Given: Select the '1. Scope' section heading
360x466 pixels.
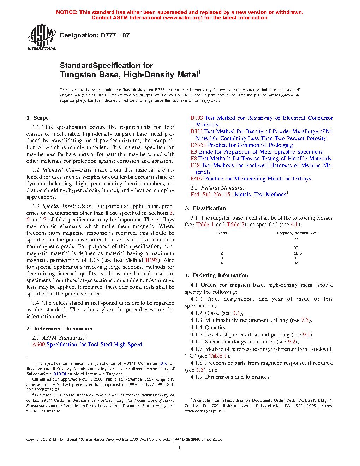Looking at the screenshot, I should click(37, 118).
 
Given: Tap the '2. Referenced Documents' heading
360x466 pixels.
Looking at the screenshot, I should click(59, 329).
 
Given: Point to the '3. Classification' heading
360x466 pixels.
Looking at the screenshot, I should click(205, 208).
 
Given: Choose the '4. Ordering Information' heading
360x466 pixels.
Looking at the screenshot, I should click(216, 275).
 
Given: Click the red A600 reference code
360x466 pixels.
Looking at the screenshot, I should click(38, 345).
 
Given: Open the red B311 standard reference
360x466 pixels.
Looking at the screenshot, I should click(197, 131).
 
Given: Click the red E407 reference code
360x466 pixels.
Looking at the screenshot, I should click(197, 179).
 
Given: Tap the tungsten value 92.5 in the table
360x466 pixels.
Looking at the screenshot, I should click(298, 253).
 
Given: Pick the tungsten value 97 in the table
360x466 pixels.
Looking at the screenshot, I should click(296, 263).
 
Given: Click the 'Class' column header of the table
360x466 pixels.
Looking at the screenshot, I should click(222, 233).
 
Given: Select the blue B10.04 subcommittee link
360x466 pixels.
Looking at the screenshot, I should click(60, 374).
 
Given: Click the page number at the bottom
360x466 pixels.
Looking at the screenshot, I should click(180, 448).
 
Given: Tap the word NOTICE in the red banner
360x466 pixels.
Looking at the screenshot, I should click(67, 12).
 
